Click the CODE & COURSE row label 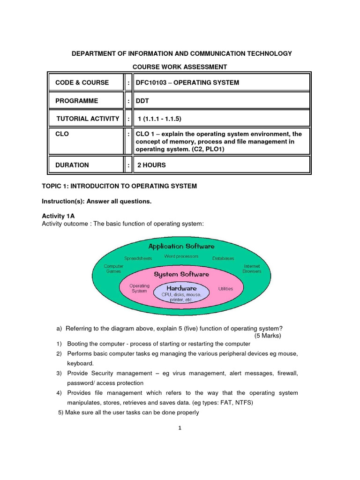82,82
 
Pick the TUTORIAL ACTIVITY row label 88,119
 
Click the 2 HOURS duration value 151,165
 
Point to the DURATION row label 72,165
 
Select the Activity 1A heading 58,216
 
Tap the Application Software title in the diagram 181,246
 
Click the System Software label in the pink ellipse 181,274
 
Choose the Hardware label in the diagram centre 181,288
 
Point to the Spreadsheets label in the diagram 137,258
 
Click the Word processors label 181,256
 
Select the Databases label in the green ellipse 223,258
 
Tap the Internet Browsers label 252,269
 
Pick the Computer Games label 113,269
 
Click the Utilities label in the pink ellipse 225,289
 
